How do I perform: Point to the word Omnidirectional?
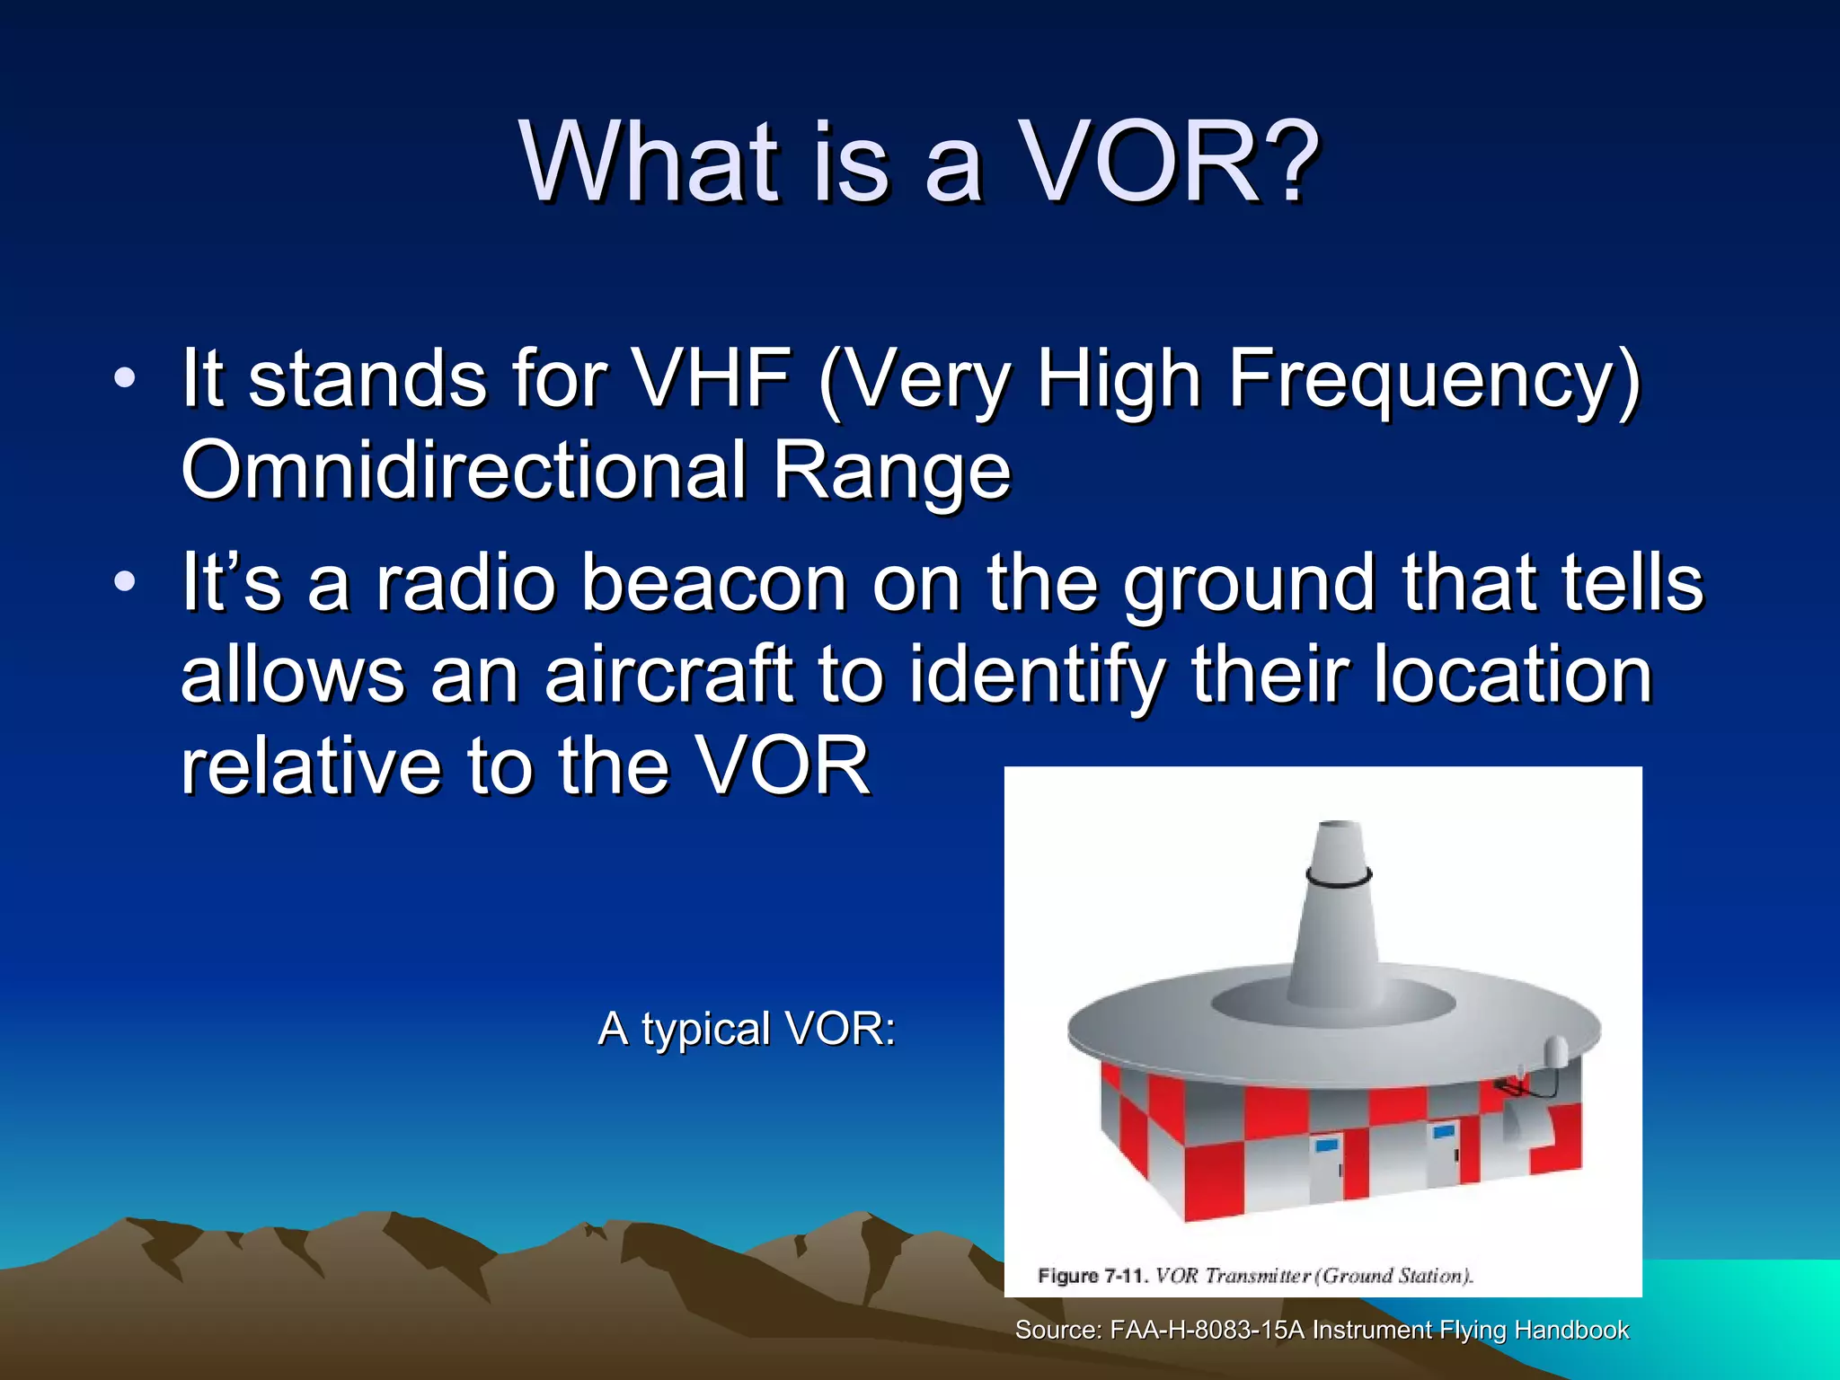pos(464,471)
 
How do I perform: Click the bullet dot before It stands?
pos(125,378)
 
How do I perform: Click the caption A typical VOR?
pos(747,1029)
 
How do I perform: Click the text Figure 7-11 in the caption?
pos(1092,1276)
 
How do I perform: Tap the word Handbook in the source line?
pos(1571,1331)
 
